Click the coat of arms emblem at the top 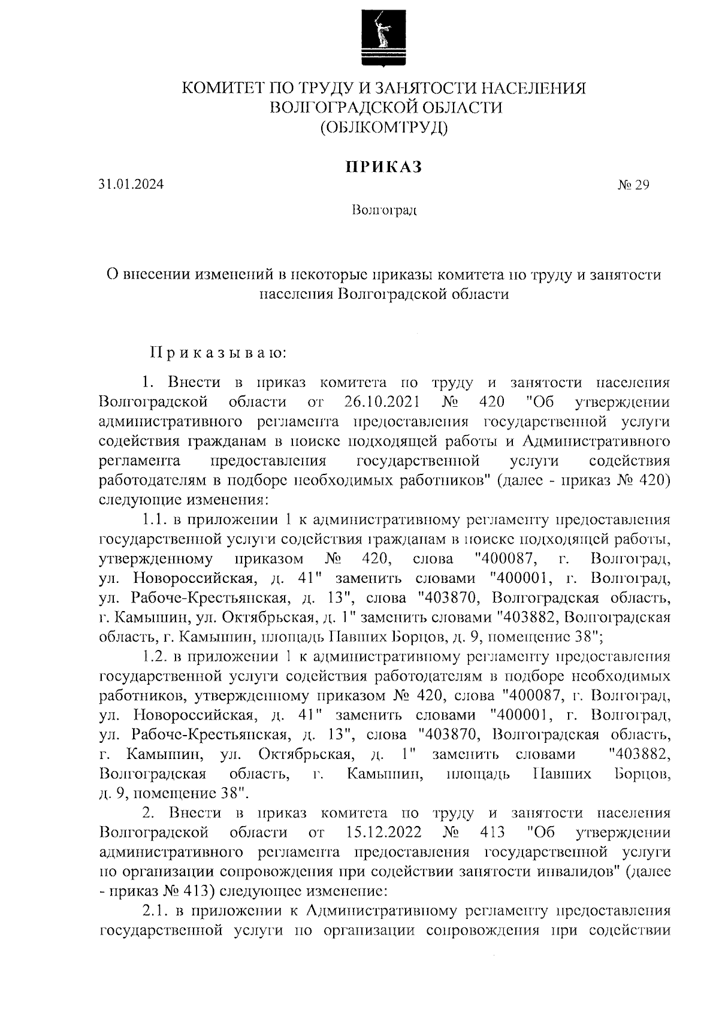384,38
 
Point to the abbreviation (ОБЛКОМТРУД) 384,127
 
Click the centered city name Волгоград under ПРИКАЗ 384,211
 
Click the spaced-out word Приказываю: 219,352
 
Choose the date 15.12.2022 383,832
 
